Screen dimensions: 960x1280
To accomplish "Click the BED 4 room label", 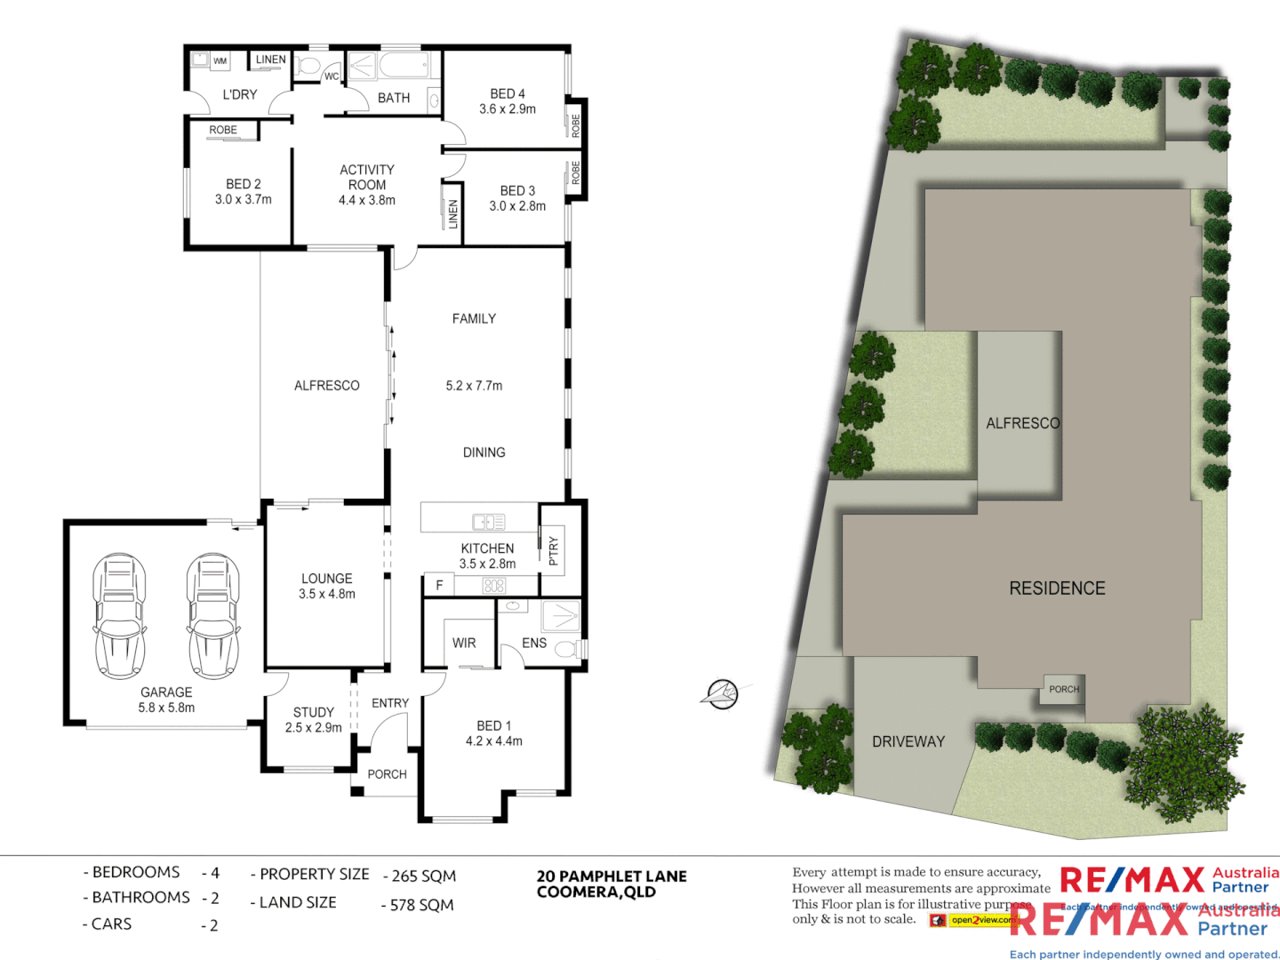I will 508,93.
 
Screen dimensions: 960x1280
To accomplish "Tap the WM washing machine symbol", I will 220,61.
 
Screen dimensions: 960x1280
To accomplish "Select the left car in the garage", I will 119,615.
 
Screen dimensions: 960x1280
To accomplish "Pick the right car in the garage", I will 213,615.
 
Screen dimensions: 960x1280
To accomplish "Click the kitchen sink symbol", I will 488,522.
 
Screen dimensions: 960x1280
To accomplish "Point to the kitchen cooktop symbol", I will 494,586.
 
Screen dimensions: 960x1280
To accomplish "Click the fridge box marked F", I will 439,585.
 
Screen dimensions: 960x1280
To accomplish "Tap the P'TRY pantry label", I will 553,551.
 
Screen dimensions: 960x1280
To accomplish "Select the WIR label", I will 464,643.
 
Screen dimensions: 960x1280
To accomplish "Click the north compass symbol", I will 721,693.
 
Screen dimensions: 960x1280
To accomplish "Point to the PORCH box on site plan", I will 1064,689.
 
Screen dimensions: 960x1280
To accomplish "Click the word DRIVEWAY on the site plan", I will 908,741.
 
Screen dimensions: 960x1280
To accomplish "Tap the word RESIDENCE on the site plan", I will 1057,588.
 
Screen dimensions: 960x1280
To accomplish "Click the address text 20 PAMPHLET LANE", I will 612,876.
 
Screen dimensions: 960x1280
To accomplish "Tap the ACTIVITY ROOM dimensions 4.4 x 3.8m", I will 367,200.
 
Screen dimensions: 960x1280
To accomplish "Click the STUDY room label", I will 314,712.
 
